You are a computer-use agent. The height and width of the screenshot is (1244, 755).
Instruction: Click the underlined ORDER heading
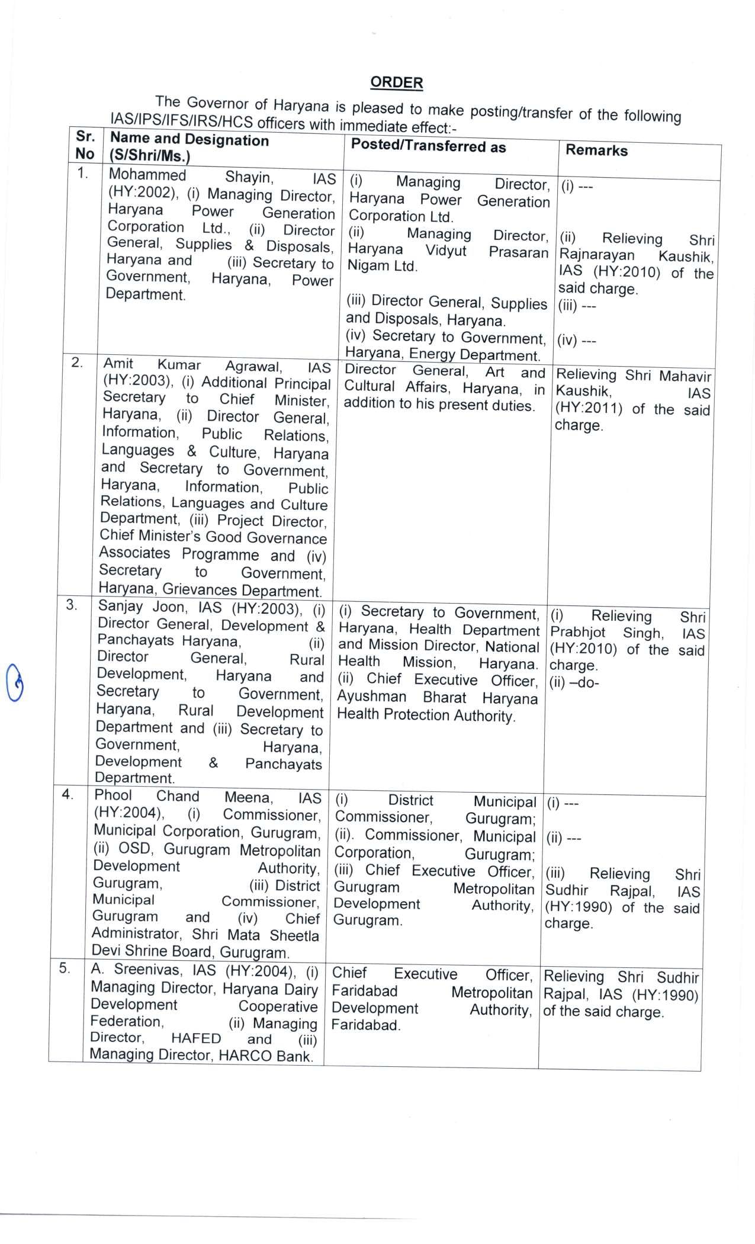click(396, 83)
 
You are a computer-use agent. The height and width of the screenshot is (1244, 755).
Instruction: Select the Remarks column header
click(596, 150)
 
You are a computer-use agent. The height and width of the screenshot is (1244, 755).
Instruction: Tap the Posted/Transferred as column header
click(428, 146)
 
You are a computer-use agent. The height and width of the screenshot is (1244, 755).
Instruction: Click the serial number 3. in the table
click(72, 605)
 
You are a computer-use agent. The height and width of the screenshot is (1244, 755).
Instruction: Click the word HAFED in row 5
click(195, 1038)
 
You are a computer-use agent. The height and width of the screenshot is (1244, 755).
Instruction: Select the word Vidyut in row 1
click(446, 251)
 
